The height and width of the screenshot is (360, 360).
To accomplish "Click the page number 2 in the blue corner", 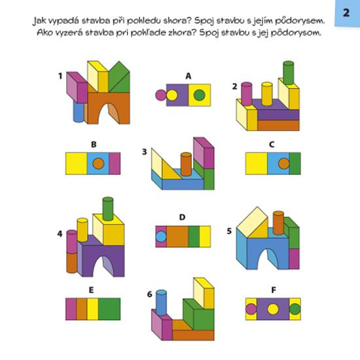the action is tap(346, 12).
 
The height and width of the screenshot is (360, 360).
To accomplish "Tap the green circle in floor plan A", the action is tap(199, 95).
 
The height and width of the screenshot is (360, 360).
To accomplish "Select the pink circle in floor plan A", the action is tap(160, 95).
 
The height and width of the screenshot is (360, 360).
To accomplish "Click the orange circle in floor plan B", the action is tap(98, 164).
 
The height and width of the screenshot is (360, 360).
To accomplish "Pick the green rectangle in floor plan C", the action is tap(295, 164).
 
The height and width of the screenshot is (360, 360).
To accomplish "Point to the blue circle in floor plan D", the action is tap(161, 237).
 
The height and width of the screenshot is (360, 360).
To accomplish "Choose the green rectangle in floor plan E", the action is tap(109, 309).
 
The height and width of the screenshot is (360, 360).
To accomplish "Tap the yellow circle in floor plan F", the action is tap(273, 309).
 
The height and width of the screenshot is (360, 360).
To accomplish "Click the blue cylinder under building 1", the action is tap(79, 112).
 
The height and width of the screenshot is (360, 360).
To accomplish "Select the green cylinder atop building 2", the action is tap(289, 73).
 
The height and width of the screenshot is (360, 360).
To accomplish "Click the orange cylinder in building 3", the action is tap(186, 164).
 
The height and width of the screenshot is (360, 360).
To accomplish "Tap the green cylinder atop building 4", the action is tap(108, 209).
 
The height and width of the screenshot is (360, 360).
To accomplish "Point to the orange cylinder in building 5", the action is tap(278, 223).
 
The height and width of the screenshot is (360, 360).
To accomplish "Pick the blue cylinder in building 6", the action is tap(161, 303).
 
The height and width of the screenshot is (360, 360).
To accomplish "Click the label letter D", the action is tap(182, 217).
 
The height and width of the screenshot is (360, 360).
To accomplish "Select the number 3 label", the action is tap(145, 152).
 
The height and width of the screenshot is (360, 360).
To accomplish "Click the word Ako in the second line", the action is tap(43, 33).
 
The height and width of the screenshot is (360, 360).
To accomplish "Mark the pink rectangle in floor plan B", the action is tap(115, 164).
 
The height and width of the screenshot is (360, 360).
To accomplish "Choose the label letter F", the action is tap(274, 290).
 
